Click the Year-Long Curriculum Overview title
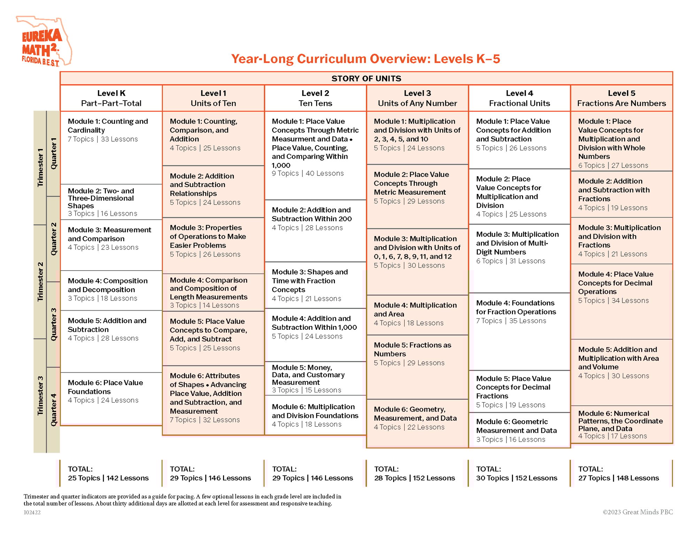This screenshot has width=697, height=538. (366, 59)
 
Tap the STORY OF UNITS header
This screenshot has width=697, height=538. (366, 78)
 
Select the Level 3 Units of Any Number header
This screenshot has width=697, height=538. (417, 98)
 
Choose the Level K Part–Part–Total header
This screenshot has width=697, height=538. (111, 98)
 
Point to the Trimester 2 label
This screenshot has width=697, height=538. (40, 281)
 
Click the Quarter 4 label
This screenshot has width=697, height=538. (53, 410)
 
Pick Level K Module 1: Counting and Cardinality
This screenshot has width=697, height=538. (108, 126)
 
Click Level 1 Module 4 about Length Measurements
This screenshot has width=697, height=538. (208, 289)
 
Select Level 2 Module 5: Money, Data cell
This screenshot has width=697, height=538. (308, 375)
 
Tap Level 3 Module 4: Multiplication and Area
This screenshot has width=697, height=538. (415, 310)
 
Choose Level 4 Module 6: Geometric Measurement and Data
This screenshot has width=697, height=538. (516, 426)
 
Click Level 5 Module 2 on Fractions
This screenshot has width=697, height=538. (614, 190)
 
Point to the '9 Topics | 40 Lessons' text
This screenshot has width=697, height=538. (307, 173)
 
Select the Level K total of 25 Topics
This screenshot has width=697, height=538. (84, 478)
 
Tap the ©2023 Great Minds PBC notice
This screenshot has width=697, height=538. (637, 512)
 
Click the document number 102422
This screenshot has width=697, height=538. (32, 513)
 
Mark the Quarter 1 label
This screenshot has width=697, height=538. (53, 154)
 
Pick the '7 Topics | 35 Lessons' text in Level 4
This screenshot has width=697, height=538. (511, 321)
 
